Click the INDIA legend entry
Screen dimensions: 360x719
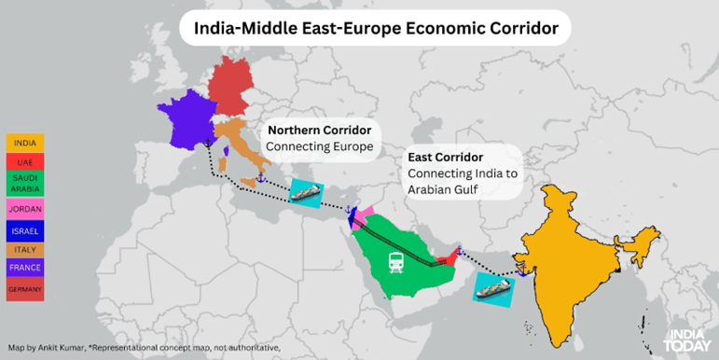pos(25,144)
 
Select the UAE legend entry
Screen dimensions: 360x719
pos(25,162)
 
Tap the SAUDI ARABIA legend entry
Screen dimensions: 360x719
pos(25,182)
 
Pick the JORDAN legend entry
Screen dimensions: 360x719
pos(25,208)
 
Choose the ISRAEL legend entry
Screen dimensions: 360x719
pos(25,229)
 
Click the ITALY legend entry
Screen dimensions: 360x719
pos(25,249)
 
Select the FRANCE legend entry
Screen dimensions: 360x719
pos(25,269)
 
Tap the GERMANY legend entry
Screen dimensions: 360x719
pos(25,289)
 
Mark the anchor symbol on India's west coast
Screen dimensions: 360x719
pos(525,271)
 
